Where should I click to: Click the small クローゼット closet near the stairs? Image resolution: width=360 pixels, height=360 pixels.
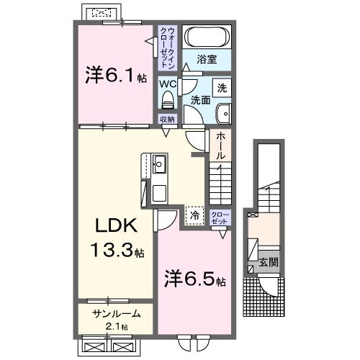(x=220, y=217)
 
